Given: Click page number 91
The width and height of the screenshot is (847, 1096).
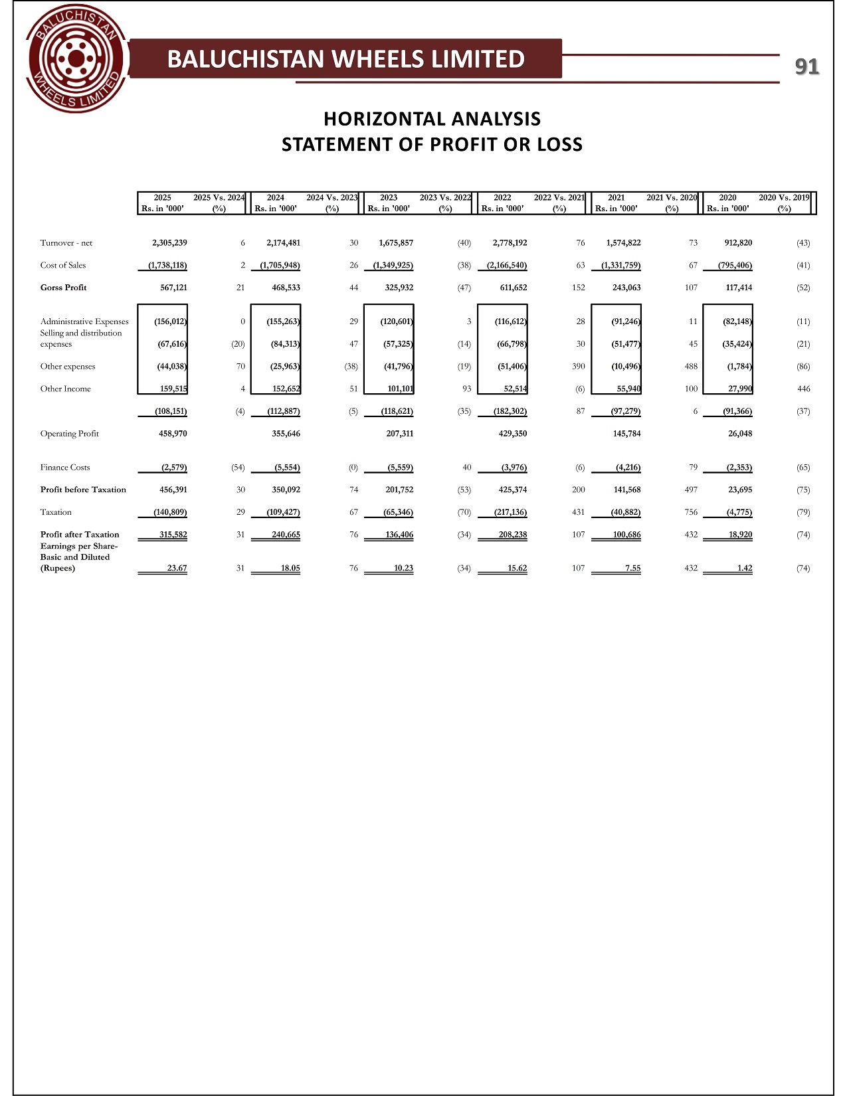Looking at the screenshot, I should tap(806, 66).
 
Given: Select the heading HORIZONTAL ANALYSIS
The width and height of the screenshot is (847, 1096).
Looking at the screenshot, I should tap(432, 119).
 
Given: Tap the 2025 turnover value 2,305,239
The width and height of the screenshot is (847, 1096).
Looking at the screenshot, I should tap(169, 243).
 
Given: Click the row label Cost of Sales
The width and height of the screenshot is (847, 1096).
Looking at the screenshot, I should tap(63, 266).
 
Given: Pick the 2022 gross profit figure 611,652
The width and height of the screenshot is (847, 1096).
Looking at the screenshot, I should tap(512, 288).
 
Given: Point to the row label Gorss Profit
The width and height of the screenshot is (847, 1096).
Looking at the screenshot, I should tap(64, 288).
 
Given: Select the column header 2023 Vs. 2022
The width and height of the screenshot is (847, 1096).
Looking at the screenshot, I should tap(445, 198).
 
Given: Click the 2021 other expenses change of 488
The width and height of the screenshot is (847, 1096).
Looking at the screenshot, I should tap(691, 367).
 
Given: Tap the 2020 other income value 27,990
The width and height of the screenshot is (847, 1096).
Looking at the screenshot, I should tap(739, 389).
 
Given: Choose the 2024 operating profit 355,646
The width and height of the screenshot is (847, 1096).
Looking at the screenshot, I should tap(283, 434).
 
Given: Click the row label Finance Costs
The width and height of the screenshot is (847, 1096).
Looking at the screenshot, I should tap(65, 468).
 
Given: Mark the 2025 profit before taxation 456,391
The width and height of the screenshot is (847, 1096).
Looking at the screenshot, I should tap(169, 490).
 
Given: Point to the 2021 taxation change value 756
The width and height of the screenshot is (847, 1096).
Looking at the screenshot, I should tap(691, 513).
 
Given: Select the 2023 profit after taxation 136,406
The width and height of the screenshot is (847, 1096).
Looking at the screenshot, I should tap(399, 535).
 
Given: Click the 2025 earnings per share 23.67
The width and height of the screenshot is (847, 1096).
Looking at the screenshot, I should tap(177, 569).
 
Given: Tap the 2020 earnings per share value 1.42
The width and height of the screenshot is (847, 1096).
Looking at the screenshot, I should tap(744, 569).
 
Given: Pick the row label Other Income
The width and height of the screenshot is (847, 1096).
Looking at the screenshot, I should tap(66, 389).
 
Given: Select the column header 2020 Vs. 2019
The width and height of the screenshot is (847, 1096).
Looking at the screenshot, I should tap(784, 198).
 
